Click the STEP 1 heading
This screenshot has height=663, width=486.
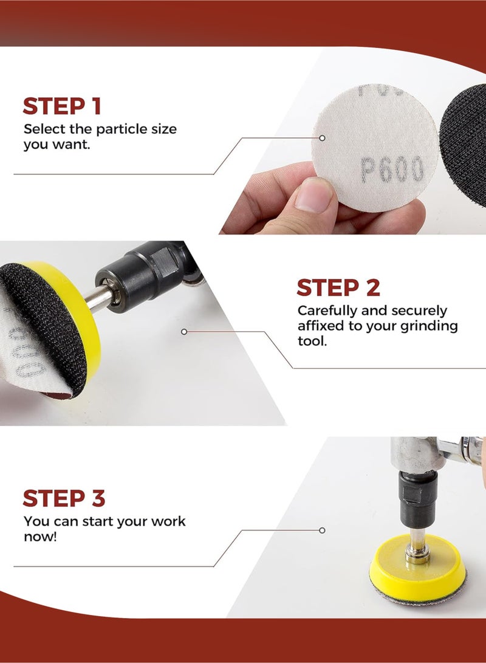click(62, 106)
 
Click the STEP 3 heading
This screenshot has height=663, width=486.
click(64, 499)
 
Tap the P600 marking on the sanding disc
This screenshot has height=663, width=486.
click(392, 170)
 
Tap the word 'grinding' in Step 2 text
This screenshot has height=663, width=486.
click(429, 326)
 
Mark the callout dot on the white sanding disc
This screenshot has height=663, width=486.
click(322, 138)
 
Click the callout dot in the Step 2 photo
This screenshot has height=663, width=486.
click(184, 332)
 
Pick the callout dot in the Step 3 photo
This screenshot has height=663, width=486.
click(322, 530)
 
